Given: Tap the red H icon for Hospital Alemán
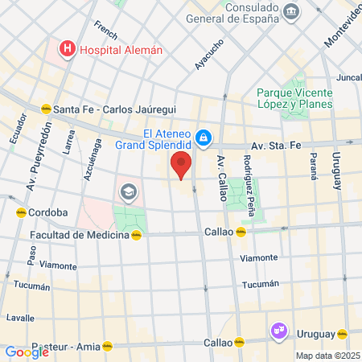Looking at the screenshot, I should [x=67, y=50].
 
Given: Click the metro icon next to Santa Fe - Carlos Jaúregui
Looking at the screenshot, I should [x=46, y=109].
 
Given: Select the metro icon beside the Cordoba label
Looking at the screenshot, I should [x=20, y=212].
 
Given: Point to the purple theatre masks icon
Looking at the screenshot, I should [x=278, y=330].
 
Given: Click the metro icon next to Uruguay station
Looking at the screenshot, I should [x=343, y=334].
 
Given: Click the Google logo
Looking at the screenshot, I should [x=27, y=352].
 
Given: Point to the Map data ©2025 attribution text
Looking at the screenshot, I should [x=327, y=356].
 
